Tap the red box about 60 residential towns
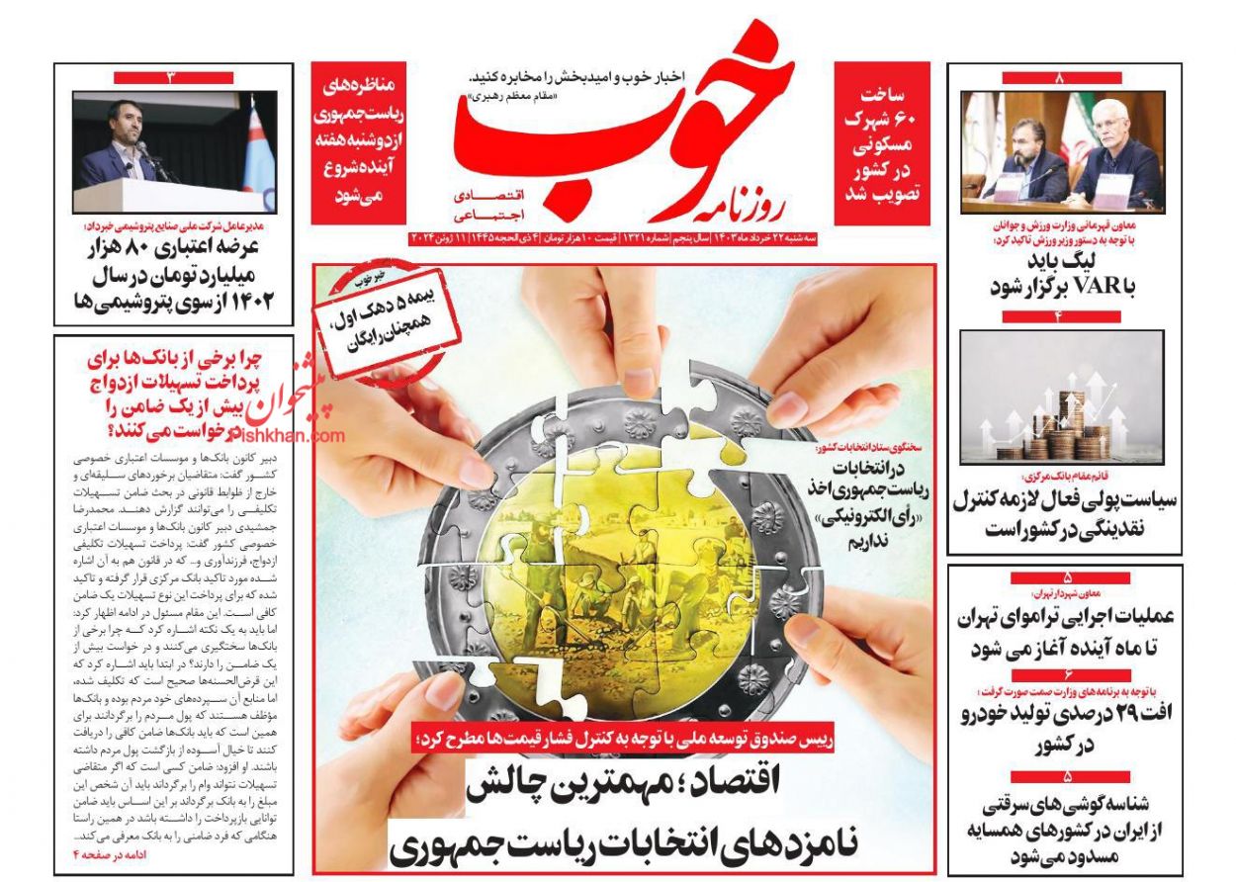tap(882, 143)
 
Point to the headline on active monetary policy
tap(1064, 513)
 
